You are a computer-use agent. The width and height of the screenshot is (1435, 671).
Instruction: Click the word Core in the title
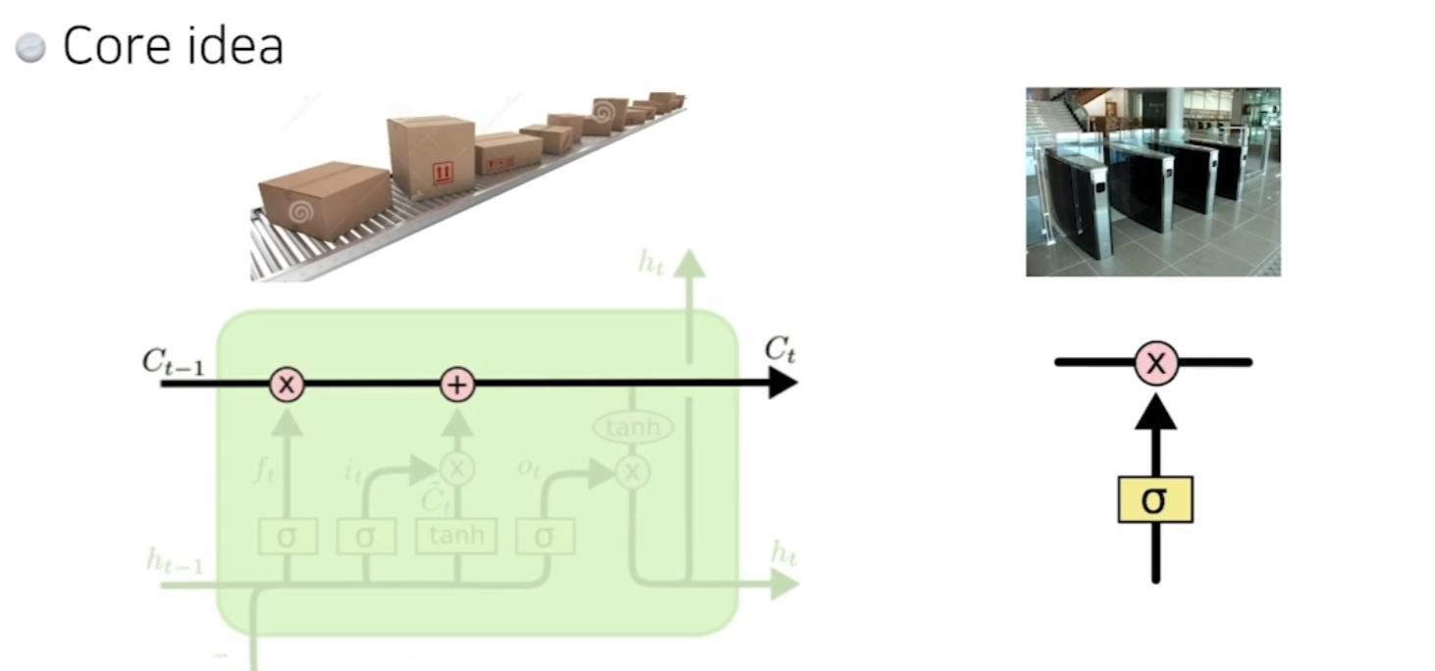click(116, 46)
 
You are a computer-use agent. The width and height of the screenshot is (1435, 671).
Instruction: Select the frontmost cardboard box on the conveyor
click(324, 199)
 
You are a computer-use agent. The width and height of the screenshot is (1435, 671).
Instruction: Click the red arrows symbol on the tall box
click(443, 175)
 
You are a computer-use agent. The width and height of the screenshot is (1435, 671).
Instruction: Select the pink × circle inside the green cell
click(287, 385)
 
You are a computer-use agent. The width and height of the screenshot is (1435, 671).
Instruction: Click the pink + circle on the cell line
click(456, 385)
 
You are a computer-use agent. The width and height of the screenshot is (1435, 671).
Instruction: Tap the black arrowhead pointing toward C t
click(781, 385)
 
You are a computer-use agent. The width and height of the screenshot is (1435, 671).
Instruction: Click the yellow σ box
click(1155, 499)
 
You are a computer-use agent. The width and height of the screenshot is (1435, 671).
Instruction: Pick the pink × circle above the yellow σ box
click(1156, 363)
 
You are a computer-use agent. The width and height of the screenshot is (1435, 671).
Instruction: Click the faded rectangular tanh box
click(455, 536)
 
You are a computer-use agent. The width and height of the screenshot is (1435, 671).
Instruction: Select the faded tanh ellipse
click(632, 428)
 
